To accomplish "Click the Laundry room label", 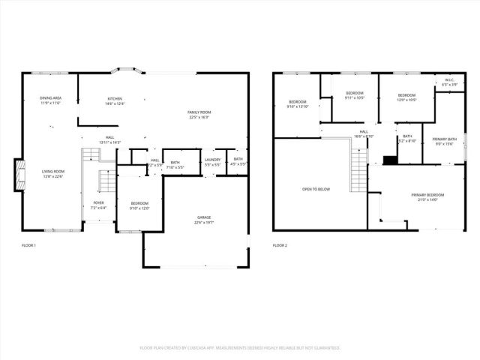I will pos(212,160).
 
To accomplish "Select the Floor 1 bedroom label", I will pos(139,205).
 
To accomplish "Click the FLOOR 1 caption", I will pos(28,245).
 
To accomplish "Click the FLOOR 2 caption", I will pos(280,245).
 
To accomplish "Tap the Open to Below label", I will pos(316,189).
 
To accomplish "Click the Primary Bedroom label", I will pos(424,197).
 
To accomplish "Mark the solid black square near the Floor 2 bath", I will pos(389,159).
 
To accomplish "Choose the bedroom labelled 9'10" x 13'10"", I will pos(298,103).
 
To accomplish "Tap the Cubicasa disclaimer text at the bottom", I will pos(240,348).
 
